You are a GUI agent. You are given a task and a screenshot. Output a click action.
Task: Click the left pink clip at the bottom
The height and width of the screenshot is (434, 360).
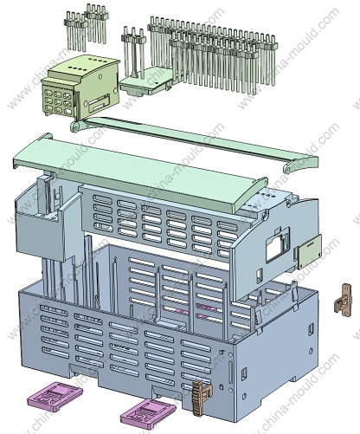pyautogui.click(x=55, y=396)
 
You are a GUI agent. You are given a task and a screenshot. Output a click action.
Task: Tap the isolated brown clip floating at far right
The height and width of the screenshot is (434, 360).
pyautogui.click(x=344, y=301)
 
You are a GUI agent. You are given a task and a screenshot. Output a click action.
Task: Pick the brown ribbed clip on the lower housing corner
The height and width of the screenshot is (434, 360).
pyautogui.click(x=202, y=397)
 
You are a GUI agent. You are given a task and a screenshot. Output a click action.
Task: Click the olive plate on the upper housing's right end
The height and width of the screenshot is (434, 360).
pyautogui.click(x=310, y=251)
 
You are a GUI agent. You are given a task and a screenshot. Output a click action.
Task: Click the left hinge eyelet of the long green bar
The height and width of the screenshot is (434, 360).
pyautogui.click(x=75, y=126)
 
